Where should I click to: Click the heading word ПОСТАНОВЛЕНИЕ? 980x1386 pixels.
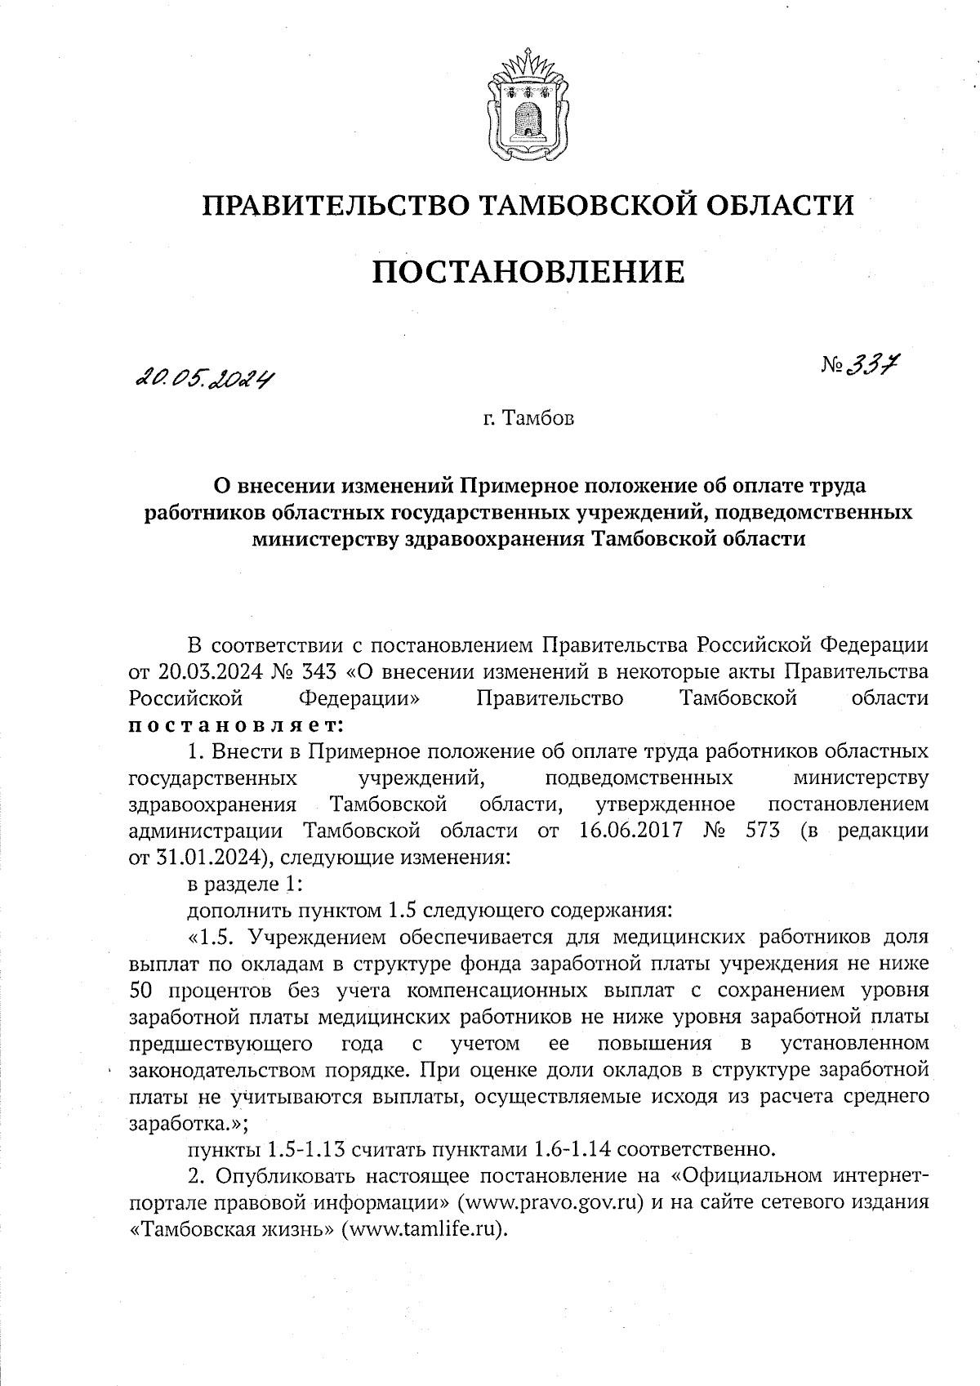[528, 271]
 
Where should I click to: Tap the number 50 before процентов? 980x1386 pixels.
[144, 991]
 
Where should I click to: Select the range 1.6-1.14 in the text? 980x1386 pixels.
[572, 1150]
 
